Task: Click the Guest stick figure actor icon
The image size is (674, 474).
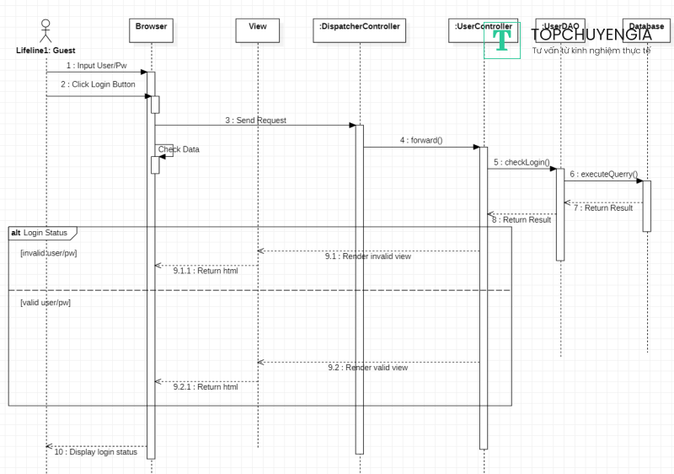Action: [45, 31]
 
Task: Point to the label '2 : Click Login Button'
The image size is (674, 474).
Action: [98, 85]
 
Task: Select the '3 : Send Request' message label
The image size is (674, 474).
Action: [255, 121]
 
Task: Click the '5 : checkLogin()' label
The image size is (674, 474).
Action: [522, 162]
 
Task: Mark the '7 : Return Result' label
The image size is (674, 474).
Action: [603, 207]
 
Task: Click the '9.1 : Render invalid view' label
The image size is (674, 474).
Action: [368, 256]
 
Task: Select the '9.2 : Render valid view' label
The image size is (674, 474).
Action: [367, 368]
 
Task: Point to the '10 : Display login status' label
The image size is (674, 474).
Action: [95, 452]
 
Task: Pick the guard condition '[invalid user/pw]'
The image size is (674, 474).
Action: [49, 253]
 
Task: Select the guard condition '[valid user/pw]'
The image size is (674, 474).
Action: [45, 301]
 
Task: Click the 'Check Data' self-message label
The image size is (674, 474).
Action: [179, 149]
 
